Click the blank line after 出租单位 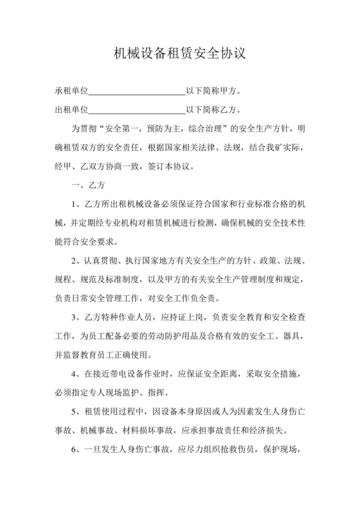pyautogui.click(x=136, y=111)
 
